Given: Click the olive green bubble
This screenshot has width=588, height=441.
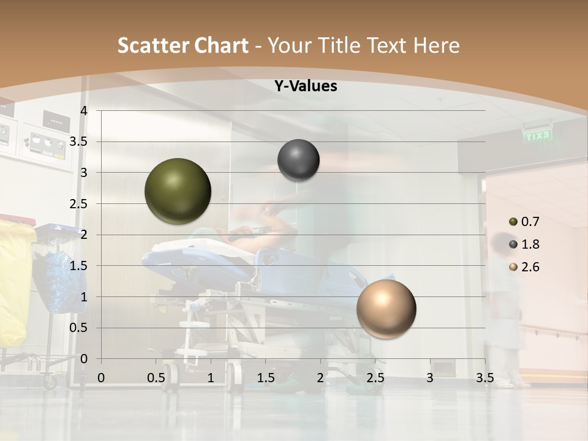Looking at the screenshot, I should point(178,191).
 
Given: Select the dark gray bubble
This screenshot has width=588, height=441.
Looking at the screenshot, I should point(298,160).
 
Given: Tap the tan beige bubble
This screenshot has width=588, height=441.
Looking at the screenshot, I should point(386,309).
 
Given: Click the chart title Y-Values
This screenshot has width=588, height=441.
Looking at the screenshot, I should point(305,86).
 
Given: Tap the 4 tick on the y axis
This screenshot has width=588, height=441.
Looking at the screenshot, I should point(84,111).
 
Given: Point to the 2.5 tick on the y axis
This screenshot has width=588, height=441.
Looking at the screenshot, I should point(79,204).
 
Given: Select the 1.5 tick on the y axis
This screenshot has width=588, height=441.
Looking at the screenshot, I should point(79,266).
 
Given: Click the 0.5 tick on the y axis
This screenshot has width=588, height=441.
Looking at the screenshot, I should point(79,328).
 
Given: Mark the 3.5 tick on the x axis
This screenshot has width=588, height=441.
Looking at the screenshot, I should point(484,378).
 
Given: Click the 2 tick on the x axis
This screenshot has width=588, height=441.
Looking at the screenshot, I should point(320,378).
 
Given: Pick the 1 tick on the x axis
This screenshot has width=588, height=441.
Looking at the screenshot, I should point(211,378).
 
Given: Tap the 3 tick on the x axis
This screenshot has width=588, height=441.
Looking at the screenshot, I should point(430,378).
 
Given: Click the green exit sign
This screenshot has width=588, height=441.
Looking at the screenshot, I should point(537,135).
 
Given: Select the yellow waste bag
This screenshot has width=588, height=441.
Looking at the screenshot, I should point(15,282).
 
